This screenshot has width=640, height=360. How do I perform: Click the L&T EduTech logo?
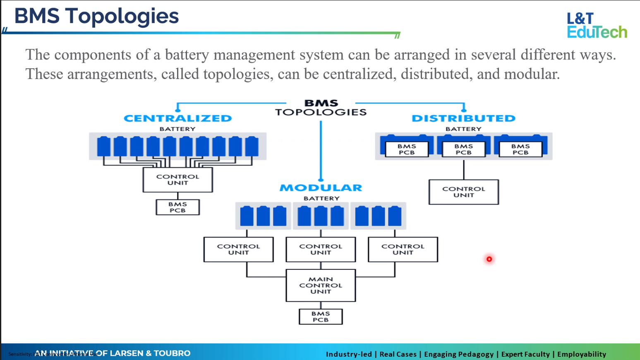click(x=597, y=25)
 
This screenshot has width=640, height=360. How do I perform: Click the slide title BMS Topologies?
click(x=96, y=16)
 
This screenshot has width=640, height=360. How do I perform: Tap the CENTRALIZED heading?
click(x=177, y=118)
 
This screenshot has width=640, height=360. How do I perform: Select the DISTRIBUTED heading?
click(x=463, y=118)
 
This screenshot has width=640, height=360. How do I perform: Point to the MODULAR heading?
click(x=321, y=188)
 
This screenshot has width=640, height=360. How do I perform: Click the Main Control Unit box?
click(x=321, y=286)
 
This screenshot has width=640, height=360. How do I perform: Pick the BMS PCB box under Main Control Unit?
click(x=321, y=317)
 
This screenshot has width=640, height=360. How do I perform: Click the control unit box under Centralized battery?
click(x=178, y=180)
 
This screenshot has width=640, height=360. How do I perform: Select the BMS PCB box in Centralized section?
click(x=177, y=207)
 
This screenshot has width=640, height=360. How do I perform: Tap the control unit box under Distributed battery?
click(x=463, y=192)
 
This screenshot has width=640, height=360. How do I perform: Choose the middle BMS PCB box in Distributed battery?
click(x=463, y=149)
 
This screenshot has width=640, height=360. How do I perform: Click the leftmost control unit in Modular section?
click(x=239, y=250)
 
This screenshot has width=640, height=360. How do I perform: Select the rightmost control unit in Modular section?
click(x=403, y=250)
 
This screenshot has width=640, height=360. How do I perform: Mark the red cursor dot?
click(x=489, y=259)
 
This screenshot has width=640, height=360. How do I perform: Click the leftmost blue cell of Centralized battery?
click(x=104, y=146)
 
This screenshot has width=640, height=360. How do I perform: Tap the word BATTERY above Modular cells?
click(x=321, y=199)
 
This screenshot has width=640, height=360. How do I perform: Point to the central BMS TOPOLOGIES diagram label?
click(x=321, y=108)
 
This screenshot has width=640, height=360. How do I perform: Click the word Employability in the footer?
click(x=581, y=354)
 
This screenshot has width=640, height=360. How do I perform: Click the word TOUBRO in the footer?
click(x=172, y=353)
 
